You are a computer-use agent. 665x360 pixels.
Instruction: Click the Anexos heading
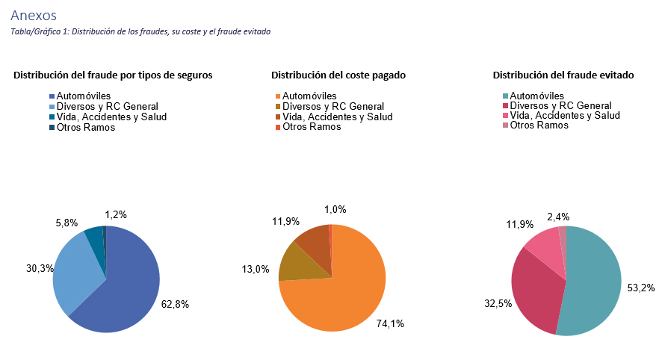(x=34, y=15)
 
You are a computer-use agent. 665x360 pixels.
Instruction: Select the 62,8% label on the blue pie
(x=176, y=304)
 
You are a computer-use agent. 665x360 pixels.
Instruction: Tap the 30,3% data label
(x=39, y=268)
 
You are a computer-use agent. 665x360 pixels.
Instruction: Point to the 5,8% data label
(x=67, y=223)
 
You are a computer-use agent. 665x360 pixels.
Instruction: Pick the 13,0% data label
(x=254, y=269)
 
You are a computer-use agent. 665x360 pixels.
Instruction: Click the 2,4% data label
(x=558, y=217)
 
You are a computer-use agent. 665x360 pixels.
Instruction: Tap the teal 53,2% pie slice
(x=594, y=284)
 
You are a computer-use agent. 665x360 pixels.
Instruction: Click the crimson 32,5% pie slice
(x=534, y=291)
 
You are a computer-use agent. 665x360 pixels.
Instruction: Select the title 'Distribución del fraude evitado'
(x=563, y=75)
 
